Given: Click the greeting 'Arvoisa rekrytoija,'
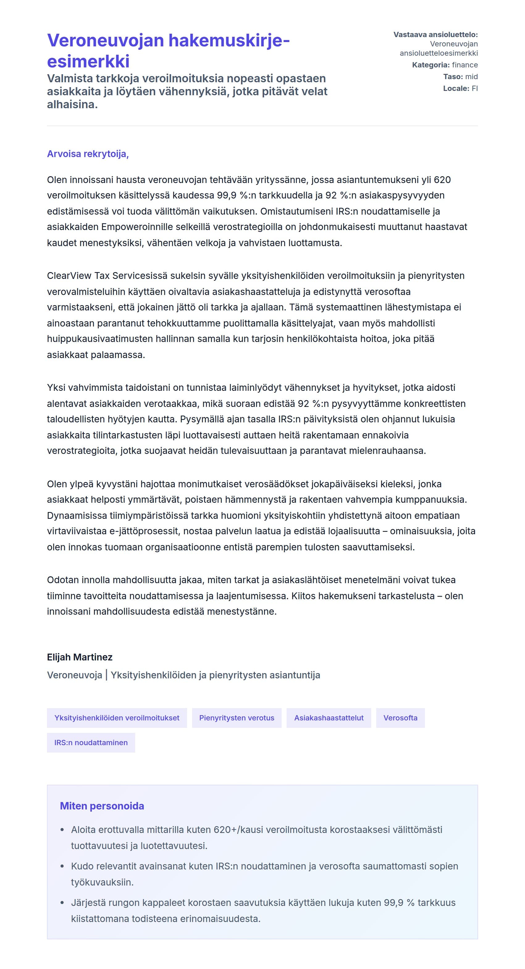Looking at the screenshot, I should coord(88,154).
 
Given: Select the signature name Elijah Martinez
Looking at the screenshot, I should coord(80,657).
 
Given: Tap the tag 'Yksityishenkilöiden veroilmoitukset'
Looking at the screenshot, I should coord(117,718).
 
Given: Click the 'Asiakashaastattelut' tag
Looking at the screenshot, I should coord(329,718).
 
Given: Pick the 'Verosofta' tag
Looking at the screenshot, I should coord(400,718).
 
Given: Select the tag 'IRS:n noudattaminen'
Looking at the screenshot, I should coord(91,743).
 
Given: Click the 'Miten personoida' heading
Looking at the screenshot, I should coord(102,806).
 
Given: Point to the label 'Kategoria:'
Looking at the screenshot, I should coord(431,65).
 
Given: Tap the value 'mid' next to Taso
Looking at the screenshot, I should coord(471,77).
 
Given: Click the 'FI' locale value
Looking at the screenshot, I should coord(474,88).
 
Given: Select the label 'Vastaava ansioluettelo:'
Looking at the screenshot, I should coord(435,35).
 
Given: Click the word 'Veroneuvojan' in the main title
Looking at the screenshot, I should coord(106,41).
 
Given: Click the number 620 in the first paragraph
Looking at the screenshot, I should coord(442,180).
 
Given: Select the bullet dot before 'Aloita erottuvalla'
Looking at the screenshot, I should coord(62,830).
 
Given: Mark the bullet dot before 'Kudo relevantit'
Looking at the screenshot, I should coord(62,866).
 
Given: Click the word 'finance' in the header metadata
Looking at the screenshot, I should coord(465,65).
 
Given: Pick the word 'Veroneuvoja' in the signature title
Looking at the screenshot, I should coord(74,675).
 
